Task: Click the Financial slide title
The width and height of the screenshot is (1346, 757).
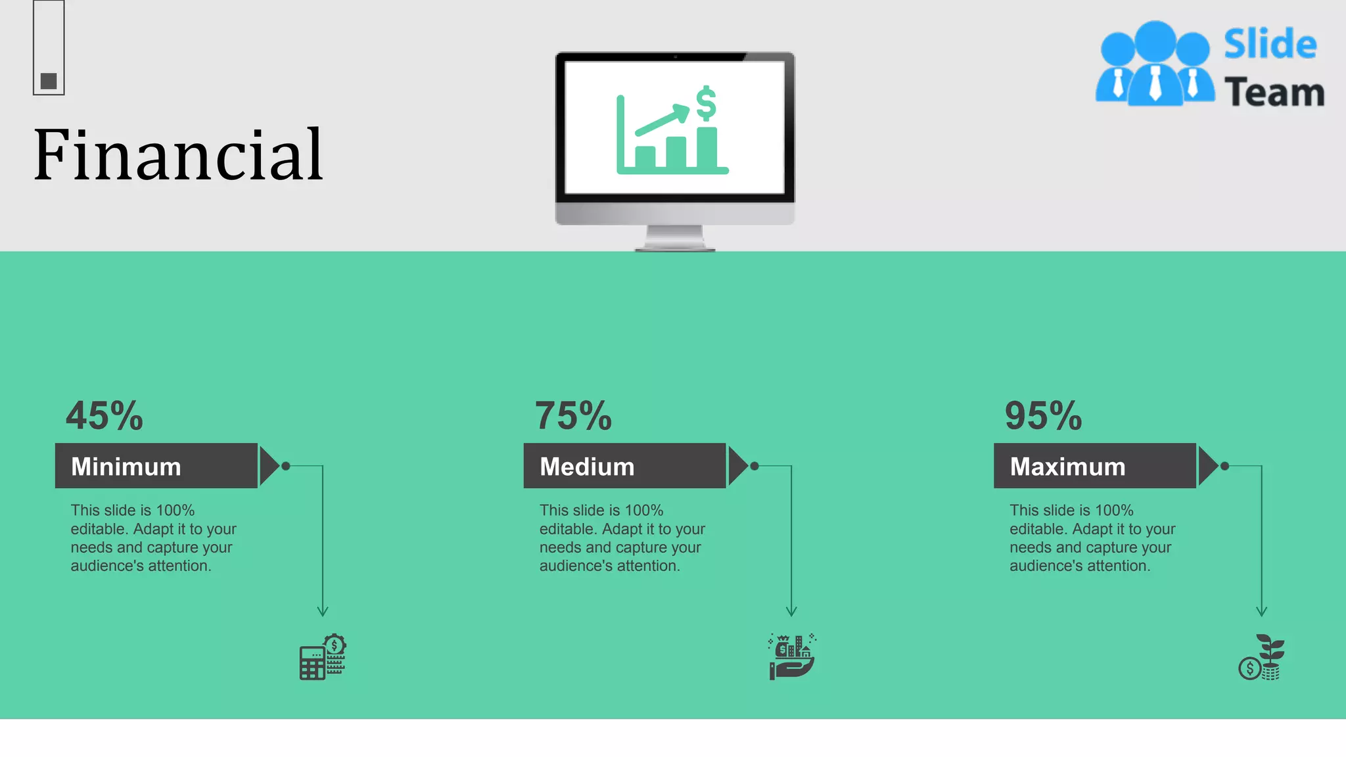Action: pos(178,155)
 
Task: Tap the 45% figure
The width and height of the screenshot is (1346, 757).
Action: pos(104,416)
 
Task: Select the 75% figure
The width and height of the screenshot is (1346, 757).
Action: pos(573,416)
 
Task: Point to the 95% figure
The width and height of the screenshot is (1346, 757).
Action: pos(1043,416)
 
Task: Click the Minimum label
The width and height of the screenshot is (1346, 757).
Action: pos(126,467)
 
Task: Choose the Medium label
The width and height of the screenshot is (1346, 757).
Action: pos(587,467)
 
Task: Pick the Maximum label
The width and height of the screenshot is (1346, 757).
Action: pos(1067,467)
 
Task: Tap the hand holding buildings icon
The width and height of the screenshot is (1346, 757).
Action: pos(792,657)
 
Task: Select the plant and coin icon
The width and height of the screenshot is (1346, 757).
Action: pos(1262,657)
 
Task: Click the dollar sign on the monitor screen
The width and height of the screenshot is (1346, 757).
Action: pos(706,103)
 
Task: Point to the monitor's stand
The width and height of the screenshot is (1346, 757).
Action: pos(675,238)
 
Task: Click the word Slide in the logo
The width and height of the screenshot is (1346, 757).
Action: pos(1270,45)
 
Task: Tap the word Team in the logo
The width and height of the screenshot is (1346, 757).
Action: pos(1274,93)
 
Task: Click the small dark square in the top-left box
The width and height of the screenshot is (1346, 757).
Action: pos(49,81)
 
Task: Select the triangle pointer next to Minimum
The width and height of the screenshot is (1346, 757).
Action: pos(268,466)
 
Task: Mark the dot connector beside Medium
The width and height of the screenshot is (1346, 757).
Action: pos(754,466)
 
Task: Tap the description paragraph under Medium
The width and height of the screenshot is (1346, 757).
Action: pos(622,538)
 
